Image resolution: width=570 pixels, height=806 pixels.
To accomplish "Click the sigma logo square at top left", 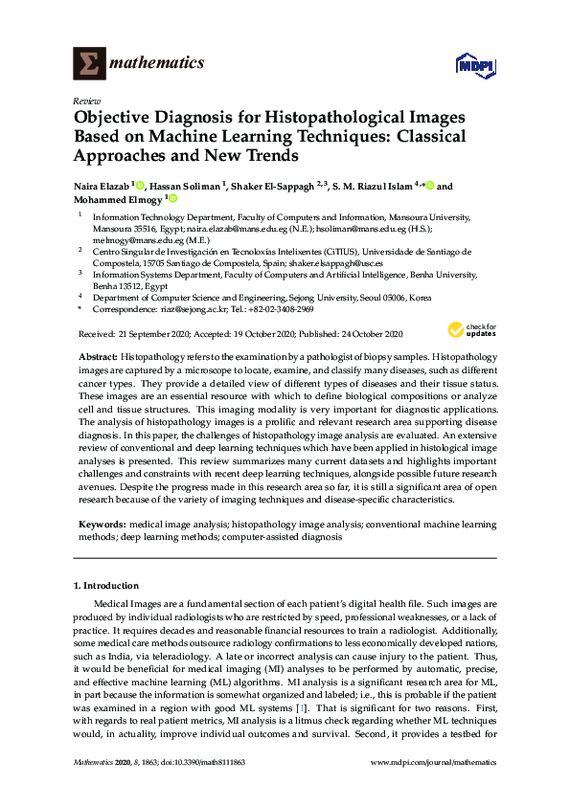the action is coord(89,64).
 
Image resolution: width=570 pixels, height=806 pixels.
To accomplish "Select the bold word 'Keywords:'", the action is coord(102,526).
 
